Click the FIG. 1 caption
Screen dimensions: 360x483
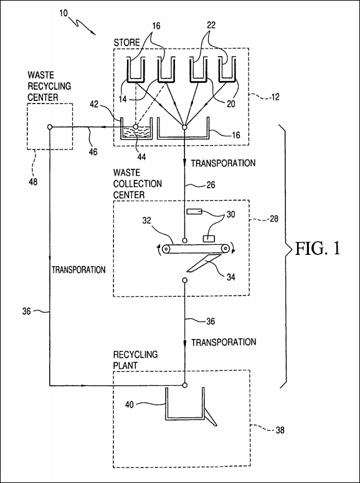tap(318, 249)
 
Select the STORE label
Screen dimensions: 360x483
tap(127, 42)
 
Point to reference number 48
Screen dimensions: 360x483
tap(33, 182)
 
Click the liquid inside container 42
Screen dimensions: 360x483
tap(136, 133)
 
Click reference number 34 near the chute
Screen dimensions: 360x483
tap(230, 277)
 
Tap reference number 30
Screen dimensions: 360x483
tap(230, 214)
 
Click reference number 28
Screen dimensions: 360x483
tap(274, 219)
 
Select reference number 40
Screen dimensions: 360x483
tap(130, 404)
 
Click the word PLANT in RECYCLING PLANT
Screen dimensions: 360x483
tap(125, 365)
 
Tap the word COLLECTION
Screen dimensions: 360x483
tap(138, 184)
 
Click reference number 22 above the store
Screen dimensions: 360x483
tap(211, 26)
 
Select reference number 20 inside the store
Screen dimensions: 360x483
tap(230, 104)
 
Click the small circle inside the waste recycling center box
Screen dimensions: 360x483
tap(50, 127)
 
